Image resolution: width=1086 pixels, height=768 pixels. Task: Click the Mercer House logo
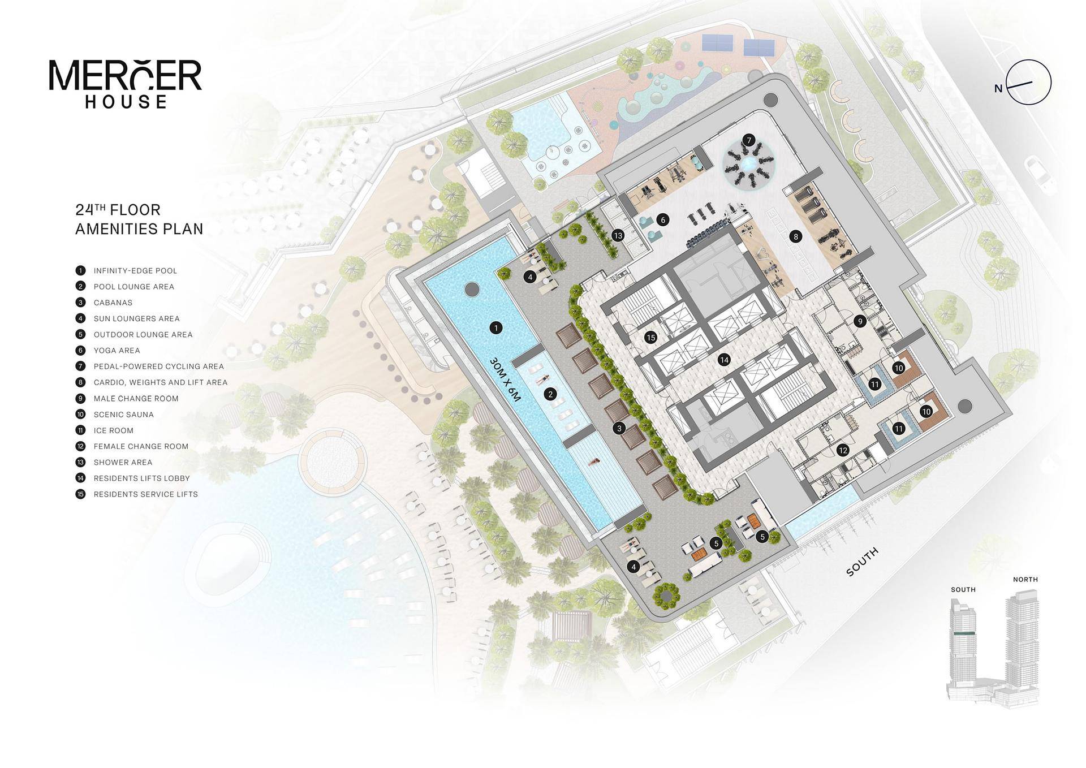(126, 83)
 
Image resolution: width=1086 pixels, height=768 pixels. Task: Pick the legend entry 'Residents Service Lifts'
(137, 494)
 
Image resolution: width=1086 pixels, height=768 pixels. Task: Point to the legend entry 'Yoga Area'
(108, 350)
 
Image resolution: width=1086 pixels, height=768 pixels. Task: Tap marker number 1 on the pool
(496, 327)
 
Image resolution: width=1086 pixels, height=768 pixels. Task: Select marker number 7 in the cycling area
(749, 140)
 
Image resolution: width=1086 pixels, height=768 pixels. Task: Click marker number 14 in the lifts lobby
(724, 359)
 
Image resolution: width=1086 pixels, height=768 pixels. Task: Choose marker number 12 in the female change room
(843, 450)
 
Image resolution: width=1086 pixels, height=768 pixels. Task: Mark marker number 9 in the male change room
(860, 321)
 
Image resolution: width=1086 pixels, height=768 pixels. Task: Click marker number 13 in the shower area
(618, 235)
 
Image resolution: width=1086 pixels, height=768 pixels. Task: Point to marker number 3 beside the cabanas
(619, 428)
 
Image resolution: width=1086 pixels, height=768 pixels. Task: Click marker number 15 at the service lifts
(650, 338)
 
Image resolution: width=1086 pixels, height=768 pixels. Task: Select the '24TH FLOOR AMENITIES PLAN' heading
(139, 219)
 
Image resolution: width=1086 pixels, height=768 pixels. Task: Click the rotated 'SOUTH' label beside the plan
(863, 562)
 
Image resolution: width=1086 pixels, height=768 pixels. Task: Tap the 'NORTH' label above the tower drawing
(1025, 579)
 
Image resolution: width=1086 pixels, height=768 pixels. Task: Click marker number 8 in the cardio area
(796, 236)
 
